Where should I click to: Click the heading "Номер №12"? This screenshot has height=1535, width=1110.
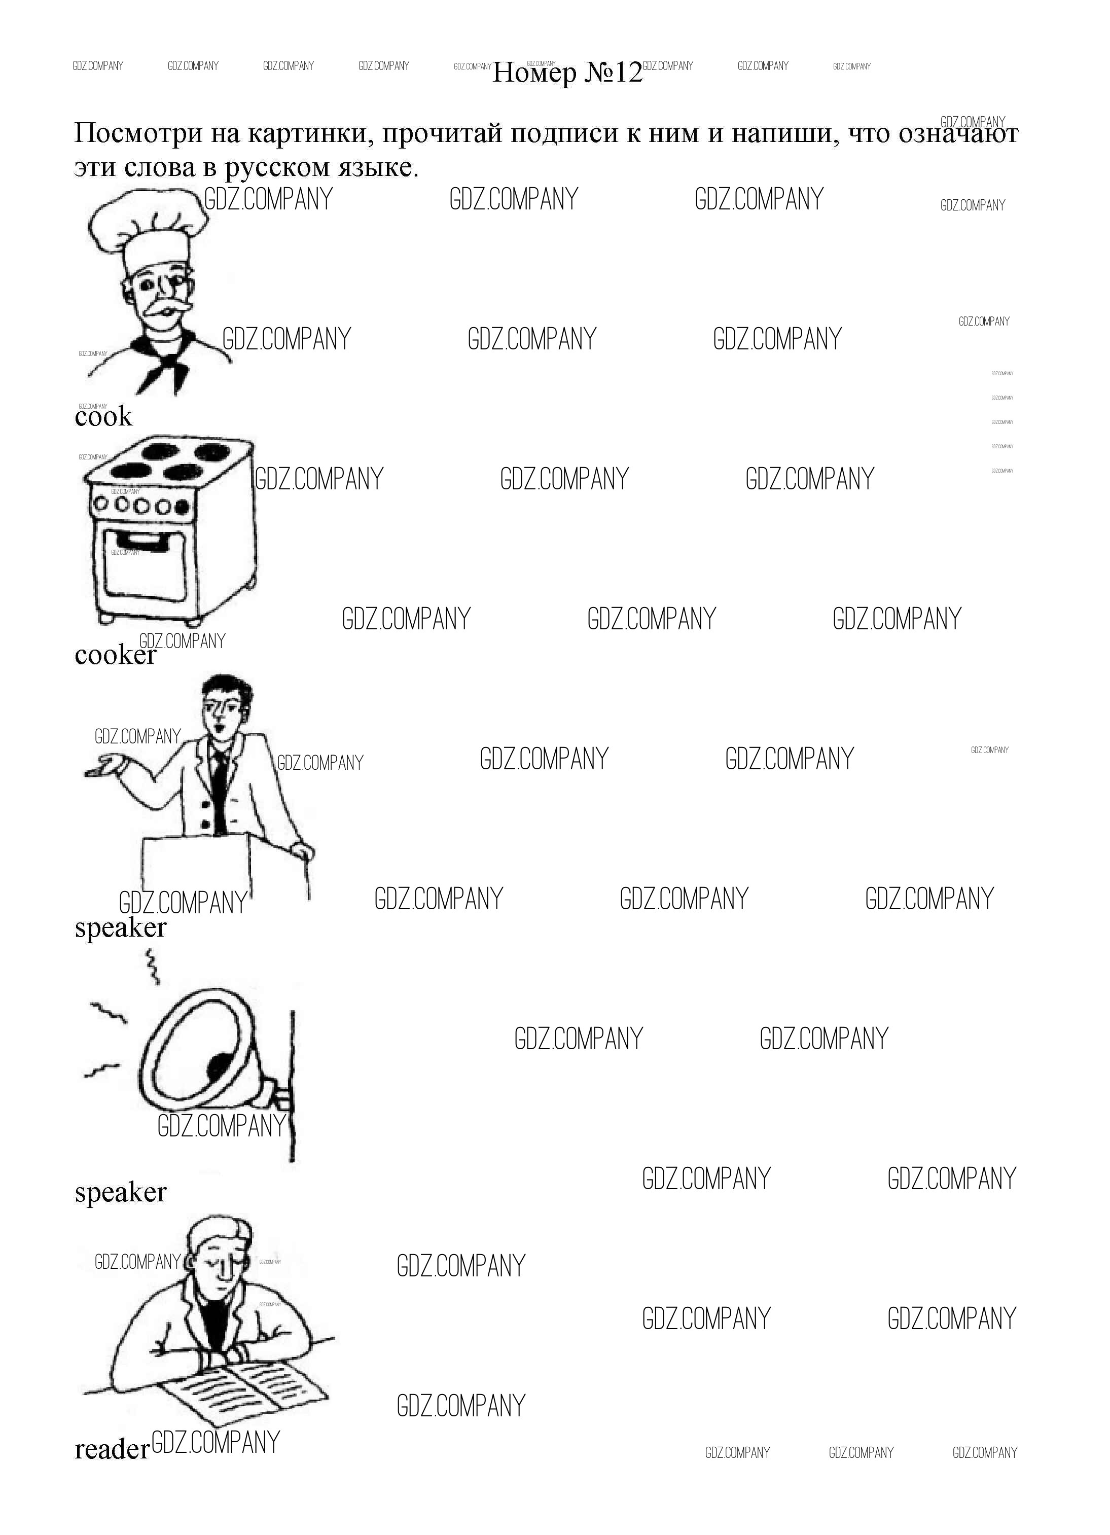[567, 73]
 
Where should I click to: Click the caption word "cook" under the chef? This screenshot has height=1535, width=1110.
[103, 416]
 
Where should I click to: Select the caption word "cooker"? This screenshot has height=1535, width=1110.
[115, 655]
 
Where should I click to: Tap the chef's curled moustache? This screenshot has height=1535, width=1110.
[161, 311]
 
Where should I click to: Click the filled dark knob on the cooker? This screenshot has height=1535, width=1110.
[182, 506]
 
